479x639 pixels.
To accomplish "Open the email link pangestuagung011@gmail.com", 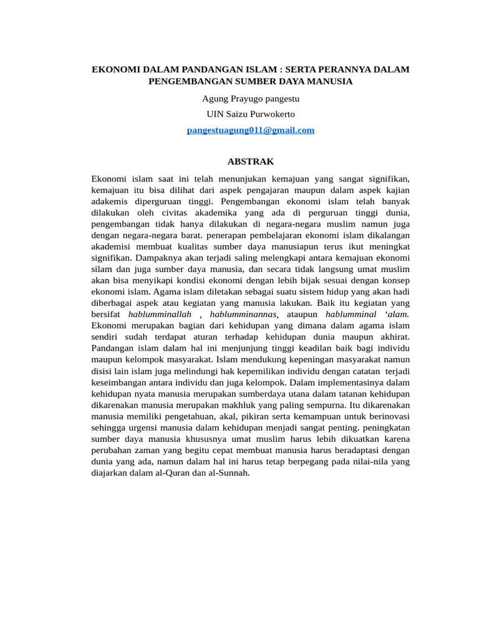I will pos(251,130).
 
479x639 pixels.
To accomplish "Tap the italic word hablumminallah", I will pos(160,314).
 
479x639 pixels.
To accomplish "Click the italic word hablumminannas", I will pos(243,314).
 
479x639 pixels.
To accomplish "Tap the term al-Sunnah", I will pos(231,472).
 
